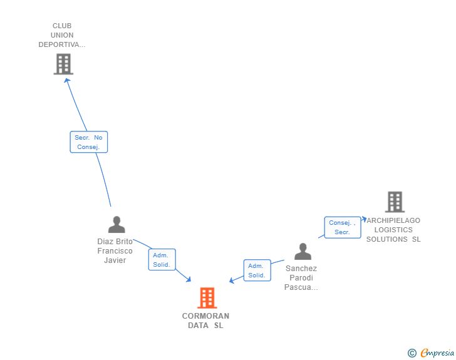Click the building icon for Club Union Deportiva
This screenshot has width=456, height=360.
pyautogui.click(x=63, y=64)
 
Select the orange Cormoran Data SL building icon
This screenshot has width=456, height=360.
pyautogui.click(x=207, y=298)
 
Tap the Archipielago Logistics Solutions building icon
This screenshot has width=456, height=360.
pyautogui.click(x=395, y=202)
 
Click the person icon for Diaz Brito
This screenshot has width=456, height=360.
pyautogui.click(x=117, y=224)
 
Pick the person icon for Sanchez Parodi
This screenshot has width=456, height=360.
pyautogui.click(x=303, y=252)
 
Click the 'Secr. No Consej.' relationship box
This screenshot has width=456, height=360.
pyautogui.click(x=89, y=142)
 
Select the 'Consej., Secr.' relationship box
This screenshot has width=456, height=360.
pyautogui.click(x=342, y=227)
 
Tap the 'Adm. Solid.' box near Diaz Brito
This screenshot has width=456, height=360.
pyautogui.click(x=162, y=260)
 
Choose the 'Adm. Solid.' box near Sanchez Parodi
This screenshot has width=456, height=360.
pyautogui.click(x=257, y=270)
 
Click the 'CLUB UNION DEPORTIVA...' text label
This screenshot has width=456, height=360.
pyautogui.click(x=62, y=35)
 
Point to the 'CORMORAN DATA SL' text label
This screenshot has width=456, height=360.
pyautogui.click(x=205, y=321)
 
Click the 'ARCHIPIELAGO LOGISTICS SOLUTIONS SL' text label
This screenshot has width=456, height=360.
pyautogui.click(x=393, y=230)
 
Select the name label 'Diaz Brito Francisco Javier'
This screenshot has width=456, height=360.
pyautogui.click(x=115, y=250)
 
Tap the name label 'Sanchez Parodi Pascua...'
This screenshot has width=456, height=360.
pyautogui.click(x=301, y=278)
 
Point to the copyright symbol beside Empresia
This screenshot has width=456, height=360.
pyautogui.click(x=412, y=353)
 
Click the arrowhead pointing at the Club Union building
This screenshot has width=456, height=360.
pyautogui.click(x=67, y=80)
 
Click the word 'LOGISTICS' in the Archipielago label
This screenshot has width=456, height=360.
pyautogui.click(x=394, y=230)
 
